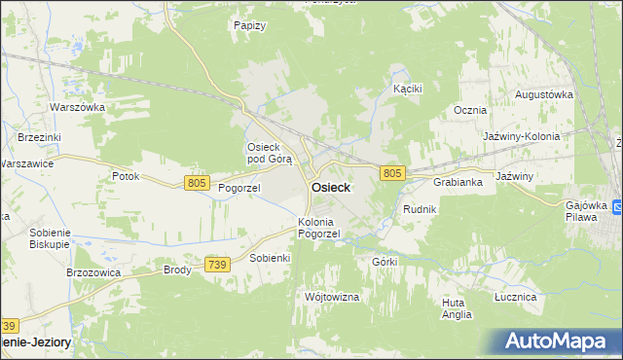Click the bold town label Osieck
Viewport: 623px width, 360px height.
[x=331, y=188]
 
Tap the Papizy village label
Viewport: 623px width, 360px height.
[x=250, y=25]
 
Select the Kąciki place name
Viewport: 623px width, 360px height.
[x=406, y=89]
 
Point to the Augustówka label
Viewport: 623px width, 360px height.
[x=543, y=94]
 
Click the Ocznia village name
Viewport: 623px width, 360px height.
[x=469, y=110]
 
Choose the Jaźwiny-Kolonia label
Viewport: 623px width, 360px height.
[x=522, y=136]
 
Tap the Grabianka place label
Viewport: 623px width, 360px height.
[x=458, y=182]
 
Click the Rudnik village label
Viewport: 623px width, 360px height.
[x=420, y=209]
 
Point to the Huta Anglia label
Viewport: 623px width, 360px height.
[x=456, y=308]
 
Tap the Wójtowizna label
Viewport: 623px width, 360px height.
[x=332, y=296]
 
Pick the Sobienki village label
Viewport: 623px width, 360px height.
[x=271, y=258]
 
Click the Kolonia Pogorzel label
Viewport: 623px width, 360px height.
[x=318, y=228]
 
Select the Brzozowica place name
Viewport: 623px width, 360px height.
[x=92, y=273]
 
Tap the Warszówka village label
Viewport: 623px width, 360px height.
[x=77, y=107]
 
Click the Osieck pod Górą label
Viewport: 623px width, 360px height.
[x=268, y=153]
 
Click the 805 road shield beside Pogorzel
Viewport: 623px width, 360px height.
[x=197, y=183]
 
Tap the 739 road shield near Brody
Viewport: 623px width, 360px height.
[x=218, y=265]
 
